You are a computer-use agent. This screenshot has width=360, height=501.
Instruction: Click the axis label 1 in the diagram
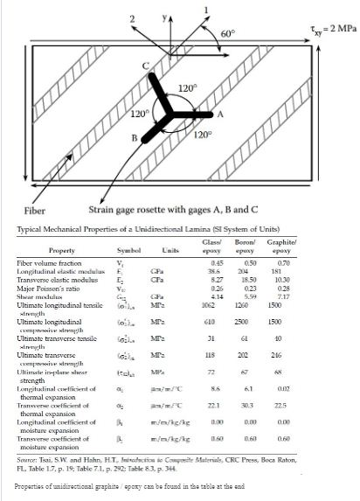[x=205, y=10]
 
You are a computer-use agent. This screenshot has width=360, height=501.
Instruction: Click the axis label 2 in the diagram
[x=132, y=18]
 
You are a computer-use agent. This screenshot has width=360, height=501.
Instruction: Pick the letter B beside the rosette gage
[x=134, y=138]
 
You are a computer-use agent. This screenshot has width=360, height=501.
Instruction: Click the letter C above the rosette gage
[x=147, y=66]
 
